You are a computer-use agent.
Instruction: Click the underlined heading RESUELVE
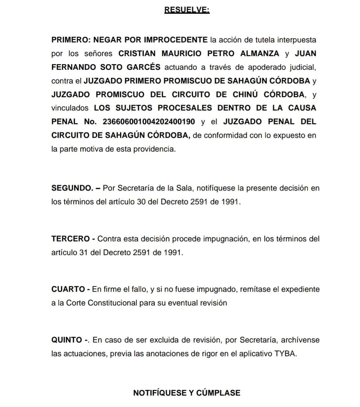coord(187,10)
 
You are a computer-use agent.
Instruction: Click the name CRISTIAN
coord(137,53)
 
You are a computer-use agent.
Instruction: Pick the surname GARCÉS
coord(143,67)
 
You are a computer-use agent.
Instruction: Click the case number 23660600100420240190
coord(149,122)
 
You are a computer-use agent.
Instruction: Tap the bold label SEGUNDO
coord(72,188)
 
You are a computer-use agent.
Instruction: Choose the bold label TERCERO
coord(71,239)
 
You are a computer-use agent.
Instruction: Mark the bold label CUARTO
coord(68,289)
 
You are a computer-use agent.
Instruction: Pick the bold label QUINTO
coord(67,340)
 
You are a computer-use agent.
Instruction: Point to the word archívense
coord(300,340)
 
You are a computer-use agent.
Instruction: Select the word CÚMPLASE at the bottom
coord(218,393)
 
